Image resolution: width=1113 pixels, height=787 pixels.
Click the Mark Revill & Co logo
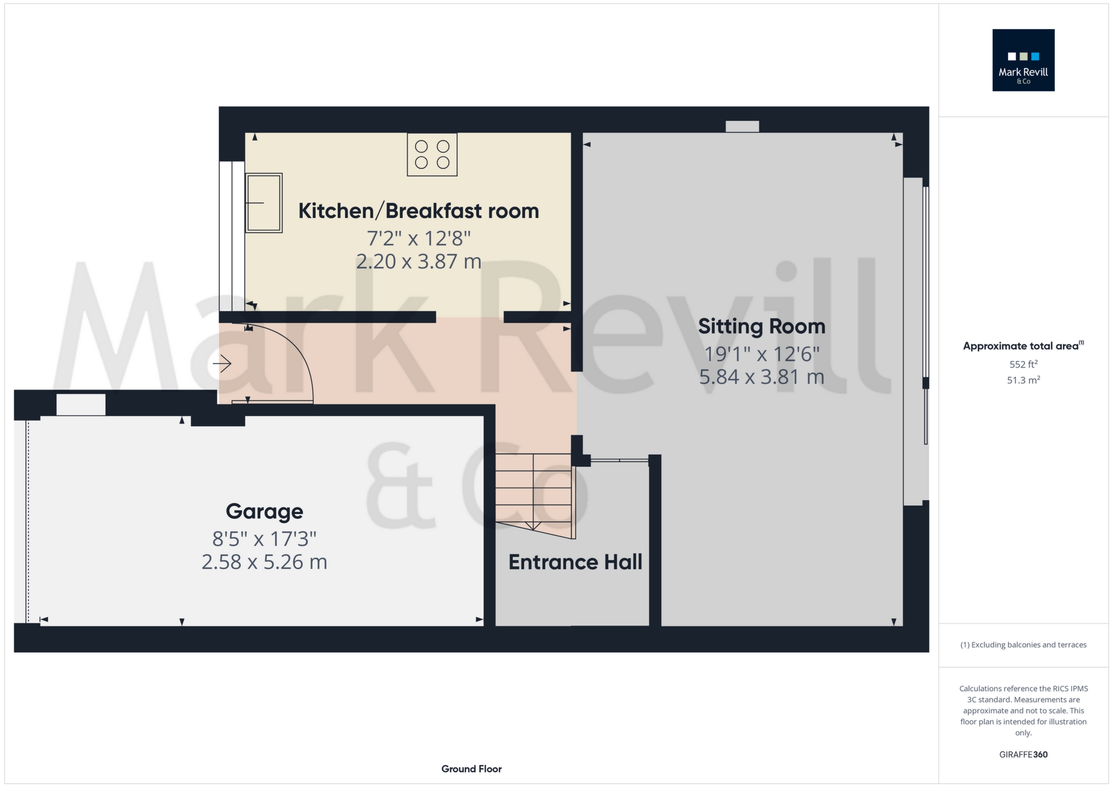pyautogui.click(x=1023, y=60)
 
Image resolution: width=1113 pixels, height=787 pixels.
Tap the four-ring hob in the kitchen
pyautogui.click(x=432, y=154)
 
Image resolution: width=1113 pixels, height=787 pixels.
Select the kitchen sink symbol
pyautogui.click(x=264, y=203)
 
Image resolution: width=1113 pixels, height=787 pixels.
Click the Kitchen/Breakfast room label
pyautogui.click(x=418, y=211)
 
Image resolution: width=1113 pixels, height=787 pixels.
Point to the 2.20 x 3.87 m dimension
pyautogui.click(x=418, y=261)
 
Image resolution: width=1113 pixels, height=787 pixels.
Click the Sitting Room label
pyautogui.click(x=761, y=326)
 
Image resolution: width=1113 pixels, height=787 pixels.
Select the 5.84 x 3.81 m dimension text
pyautogui.click(x=761, y=377)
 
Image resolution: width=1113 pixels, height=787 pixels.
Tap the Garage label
pyautogui.click(x=264, y=511)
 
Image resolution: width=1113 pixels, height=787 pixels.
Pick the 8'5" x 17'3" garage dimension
pyautogui.click(x=264, y=539)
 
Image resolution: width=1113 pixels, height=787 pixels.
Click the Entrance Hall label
pyautogui.click(x=575, y=562)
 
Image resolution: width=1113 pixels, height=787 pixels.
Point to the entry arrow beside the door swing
pyautogui.click(x=222, y=364)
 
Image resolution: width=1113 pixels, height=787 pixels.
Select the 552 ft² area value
pyautogui.click(x=1023, y=364)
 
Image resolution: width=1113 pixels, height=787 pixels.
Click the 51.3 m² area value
pyautogui.click(x=1023, y=380)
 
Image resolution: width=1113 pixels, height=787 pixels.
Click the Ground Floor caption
pyautogui.click(x=471, y=769)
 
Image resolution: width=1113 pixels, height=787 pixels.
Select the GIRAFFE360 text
pyautogui.click(x=1023, y=755)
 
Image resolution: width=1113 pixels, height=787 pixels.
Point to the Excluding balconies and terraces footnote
pyautogui.click(x=1023, y=645)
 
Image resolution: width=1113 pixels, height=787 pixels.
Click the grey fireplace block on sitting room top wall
pyautogui.click(x=742, y=126)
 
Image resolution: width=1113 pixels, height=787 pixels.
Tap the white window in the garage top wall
pyautogui.click(x=81, y=405)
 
